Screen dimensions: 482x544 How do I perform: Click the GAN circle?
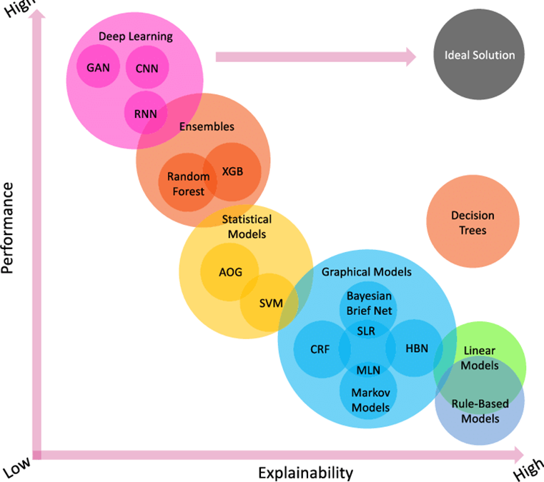[x=98, y=69]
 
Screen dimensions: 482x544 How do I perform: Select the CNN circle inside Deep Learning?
[x=147, y=69]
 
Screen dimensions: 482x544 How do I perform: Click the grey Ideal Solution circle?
[x=479, y=55]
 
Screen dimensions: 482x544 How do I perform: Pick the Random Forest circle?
[x=187, y=183]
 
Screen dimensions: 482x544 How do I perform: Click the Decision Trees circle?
[x=473, y=222]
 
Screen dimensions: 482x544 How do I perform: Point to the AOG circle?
[x=229, y=272]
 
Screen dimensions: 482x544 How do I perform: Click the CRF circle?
[x=321, y=349]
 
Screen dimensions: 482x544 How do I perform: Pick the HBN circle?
[x=415, y=349]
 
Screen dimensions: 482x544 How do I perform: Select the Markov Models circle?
[x=370, y=400]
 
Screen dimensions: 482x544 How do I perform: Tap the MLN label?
[x=368, y=370]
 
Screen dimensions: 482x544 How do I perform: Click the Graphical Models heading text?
[x=366, y=272]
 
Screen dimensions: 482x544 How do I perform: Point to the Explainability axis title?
[x=305, y=471]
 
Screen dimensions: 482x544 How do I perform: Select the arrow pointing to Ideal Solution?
[x=315, y=56]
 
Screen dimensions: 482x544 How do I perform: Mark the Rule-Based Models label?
[x=480, y=411]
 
